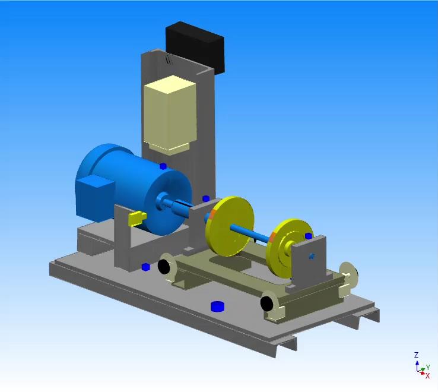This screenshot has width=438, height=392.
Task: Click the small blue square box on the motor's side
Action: point(94,196)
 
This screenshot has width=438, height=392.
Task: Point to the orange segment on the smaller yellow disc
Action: point(272,238)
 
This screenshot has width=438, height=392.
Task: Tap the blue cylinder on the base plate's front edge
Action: point(218,306)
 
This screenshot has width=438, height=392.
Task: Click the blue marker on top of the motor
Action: point(163,167)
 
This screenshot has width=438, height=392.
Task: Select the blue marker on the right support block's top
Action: point(309,236)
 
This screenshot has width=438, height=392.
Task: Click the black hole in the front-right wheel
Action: point(267,304)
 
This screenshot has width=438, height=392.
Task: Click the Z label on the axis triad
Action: point(416,355)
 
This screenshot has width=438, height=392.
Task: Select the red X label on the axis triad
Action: point(427,376)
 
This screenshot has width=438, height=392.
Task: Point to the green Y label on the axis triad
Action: point(427,369)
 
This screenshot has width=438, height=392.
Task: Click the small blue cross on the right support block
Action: point(311,257)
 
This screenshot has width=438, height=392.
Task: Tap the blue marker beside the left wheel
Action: point(145,267)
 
